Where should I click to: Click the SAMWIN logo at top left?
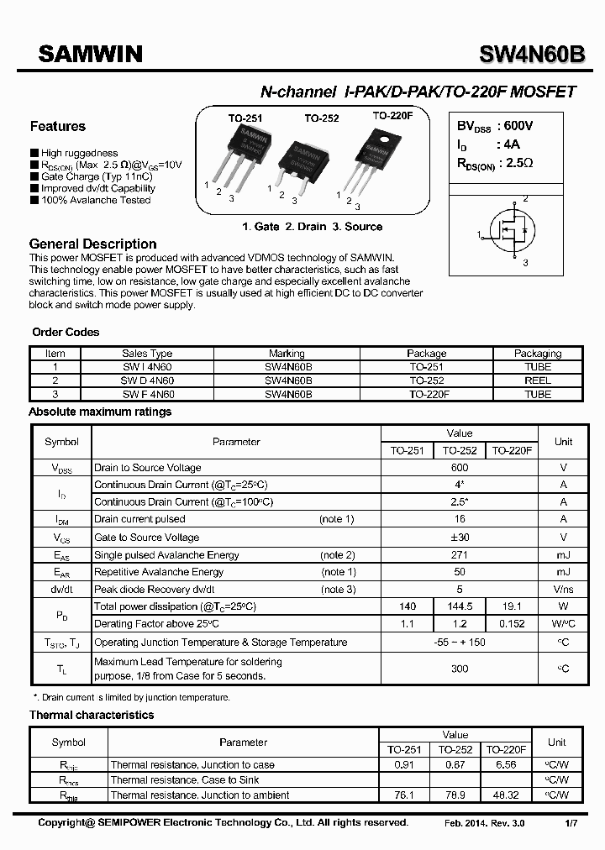pyautogui.click(x=91, y=55)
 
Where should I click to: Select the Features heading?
pyautogui.click(x=58, y=127)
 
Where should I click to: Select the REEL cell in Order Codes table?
pyautogui.click(x=538, y=380)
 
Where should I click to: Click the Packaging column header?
pyautogui.click(x=538, y=354)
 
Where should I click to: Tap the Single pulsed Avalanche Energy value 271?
pyautogui.click(x=460, y=555)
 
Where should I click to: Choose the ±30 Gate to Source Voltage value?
pyautogui.click(x=460, y=538)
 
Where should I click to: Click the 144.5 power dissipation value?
pyautogui.click(x=460, y=606)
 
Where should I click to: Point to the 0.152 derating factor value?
pyautogui.click(x=512, y=624)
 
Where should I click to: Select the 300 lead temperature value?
pyautogui.click(x=460, y=669)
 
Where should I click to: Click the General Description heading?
pyautogui.click(x=92, y=244)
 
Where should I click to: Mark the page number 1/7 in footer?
pyautogui.click(x=571, y=823)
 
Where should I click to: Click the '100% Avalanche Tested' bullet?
pyautogui.click(x=95, y=201)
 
